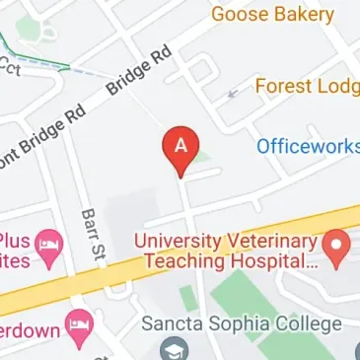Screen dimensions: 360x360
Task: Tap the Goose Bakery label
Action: (x=272, y=15)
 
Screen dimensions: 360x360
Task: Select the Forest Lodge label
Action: (x=306, y=87)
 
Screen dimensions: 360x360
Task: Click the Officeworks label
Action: (x=307, y=146)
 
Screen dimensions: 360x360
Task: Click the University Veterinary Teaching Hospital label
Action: (x=227, y=252)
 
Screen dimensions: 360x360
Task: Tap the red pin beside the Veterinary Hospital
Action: (x=339, y=247)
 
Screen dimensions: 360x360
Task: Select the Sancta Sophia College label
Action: (x=242, y=324)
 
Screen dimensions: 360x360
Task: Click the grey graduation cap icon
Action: (x=175, y=348)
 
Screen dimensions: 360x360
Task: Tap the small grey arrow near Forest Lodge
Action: (x=232, y=95)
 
